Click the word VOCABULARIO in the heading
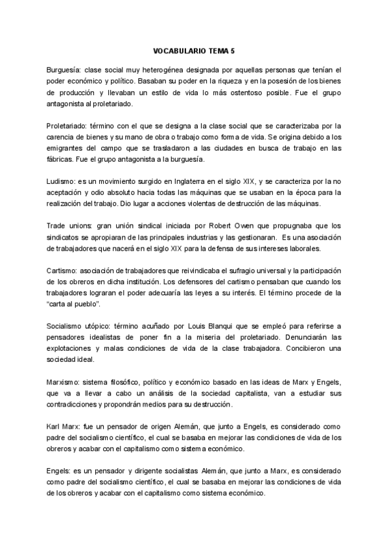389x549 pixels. [180, 50]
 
